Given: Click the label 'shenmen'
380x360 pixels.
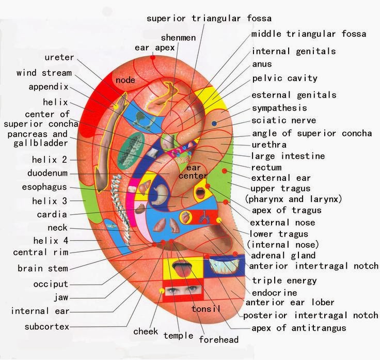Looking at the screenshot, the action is click(178, 38).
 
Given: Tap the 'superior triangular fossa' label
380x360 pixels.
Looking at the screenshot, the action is click(209, 19).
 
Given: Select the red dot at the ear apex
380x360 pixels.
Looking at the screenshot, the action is click(153, 57).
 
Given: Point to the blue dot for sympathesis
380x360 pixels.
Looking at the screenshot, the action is click(214, 123).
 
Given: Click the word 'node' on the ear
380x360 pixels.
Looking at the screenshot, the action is click(125, 80).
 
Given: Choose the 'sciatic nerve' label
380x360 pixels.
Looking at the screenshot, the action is click(284, 120).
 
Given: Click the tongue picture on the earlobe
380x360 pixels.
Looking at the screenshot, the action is click(182, 268).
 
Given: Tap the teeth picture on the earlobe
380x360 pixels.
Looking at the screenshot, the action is click(225, 265).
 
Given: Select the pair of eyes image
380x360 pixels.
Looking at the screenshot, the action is click(183, 290).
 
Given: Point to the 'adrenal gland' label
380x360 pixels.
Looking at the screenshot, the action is click(283, 256).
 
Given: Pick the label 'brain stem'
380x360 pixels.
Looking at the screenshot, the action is click(43, 269).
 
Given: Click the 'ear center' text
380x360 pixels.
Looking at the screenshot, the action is click(193, 171).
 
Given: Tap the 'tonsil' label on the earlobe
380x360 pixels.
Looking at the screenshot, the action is click(206, 309).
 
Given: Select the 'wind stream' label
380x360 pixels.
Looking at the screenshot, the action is click(44, 73).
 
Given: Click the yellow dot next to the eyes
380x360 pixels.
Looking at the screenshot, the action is click(162, 291).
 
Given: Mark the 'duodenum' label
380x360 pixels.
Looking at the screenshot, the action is click(47, 173).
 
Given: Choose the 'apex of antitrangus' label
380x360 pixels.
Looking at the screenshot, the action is click(299, 328).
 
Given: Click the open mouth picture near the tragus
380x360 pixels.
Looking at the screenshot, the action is click(200, 193).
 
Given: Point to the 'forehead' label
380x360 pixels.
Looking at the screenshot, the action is click(219, 339).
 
